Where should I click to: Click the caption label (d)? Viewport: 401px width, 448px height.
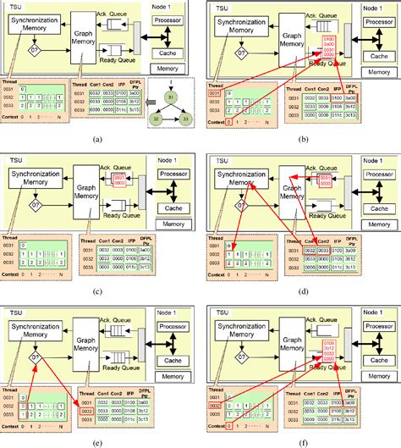pyautogui.click(x=301, y=290)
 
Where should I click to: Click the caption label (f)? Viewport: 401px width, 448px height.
pyautogui.click(x=301, y=440)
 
